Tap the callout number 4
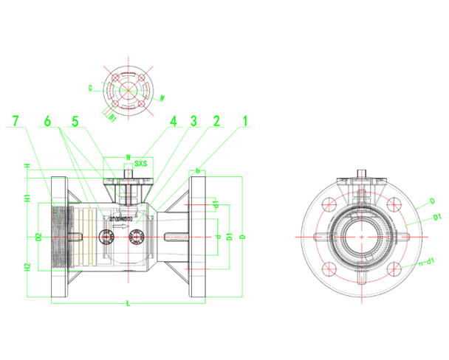[174, 120]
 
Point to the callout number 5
[75, 120]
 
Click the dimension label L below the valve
[128, 303]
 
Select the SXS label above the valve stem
[140, 164]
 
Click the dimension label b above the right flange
[198, 170]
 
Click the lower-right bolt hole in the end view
[395, 268]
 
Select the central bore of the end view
[363, 236]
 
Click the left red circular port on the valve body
[106, 235]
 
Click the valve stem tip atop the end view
[363, 175]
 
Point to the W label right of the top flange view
[162, 97]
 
